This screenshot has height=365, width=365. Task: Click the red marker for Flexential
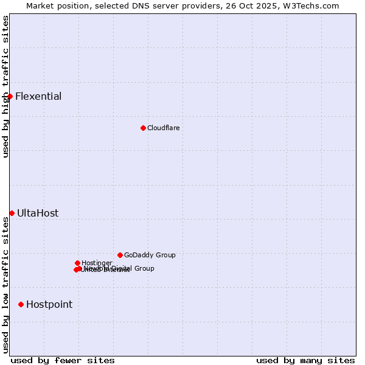tap(10, 96)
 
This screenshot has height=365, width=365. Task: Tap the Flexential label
tap(38, 96)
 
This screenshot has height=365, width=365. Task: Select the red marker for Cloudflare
tap(143, 128)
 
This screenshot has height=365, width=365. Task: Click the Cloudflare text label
tap(163, 128)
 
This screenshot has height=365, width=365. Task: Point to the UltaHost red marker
tap(12, 213)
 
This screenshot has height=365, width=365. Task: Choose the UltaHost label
tap(38, 213)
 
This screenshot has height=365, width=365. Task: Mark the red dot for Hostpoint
tap(21, 304)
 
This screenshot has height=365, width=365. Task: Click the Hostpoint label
tap(49, 304)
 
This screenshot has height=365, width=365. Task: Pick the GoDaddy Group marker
tap(120, 255)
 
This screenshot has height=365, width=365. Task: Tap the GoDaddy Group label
tap(150, 255)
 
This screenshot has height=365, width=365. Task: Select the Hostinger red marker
tap(77, 263)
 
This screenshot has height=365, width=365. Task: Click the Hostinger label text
tap(97, 263)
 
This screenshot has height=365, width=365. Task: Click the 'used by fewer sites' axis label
tap(63, 360)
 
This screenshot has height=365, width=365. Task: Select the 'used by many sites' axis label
tap(305, 360)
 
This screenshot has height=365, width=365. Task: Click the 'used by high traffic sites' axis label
tap(5, 87)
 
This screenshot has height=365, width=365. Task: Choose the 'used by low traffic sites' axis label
tap(5, 285)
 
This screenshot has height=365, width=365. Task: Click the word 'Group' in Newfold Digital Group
tap(144, 268)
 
